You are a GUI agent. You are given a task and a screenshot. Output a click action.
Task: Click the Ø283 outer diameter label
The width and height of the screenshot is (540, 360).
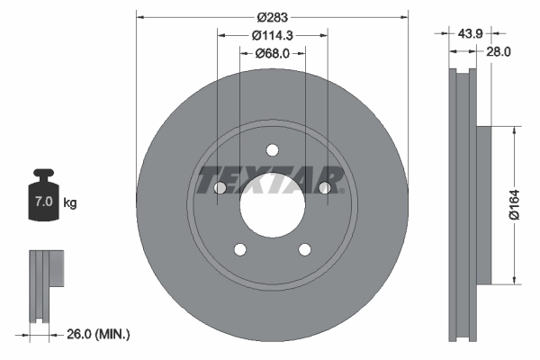pyautogui.click(x=272, y=17)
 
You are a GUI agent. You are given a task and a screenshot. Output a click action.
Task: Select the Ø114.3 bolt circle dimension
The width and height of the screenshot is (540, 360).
pyautogui.click(x=272, y=35)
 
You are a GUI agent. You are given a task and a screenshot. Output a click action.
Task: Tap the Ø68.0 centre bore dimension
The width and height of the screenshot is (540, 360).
pyautogui.click(x=272, y=53)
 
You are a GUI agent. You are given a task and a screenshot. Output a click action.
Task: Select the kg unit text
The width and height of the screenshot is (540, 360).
pyautogui.click(x=70, y=203)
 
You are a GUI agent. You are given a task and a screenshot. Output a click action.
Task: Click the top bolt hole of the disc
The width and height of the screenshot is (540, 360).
pyautogui.click(x=273, y=150)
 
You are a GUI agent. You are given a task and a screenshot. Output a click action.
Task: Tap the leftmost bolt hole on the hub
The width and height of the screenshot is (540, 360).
pyautogui.click(x=220, y=188)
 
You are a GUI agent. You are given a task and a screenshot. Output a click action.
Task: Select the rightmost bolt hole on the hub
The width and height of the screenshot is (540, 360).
pyautogui.click(x=324, y=187)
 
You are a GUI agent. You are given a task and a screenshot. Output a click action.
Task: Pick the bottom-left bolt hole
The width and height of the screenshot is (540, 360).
pyautogui.click(x=239, y=249)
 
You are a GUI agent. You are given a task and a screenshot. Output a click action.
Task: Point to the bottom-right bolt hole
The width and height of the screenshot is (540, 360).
pyautogui.click(x=304, y=249)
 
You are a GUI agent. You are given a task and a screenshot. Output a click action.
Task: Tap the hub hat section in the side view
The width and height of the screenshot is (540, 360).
pyautogui.click(x=481, y=203)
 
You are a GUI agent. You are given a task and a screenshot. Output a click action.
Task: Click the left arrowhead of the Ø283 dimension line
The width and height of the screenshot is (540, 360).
pyautogui.click(x=140, y=17)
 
